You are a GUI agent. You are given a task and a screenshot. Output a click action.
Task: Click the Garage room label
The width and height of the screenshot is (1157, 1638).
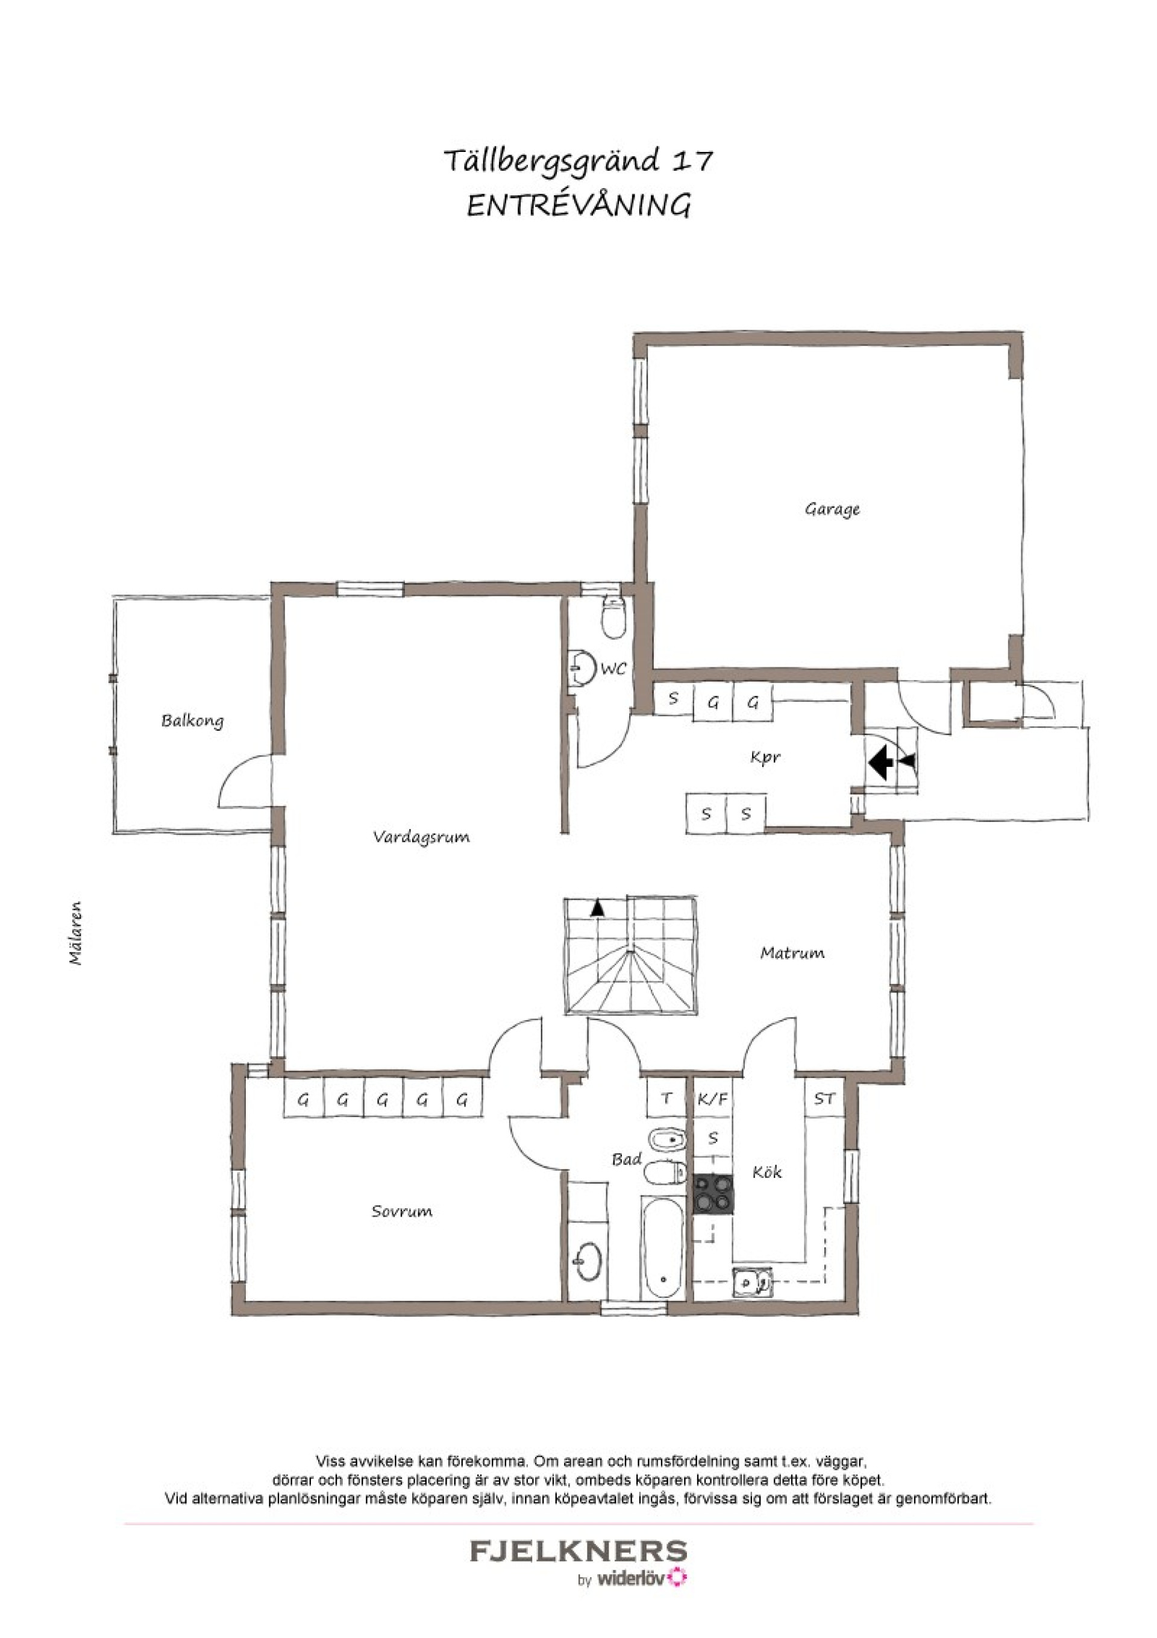[x=832, y=510]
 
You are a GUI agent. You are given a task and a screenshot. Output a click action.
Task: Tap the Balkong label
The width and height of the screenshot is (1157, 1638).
[x=192, y=720]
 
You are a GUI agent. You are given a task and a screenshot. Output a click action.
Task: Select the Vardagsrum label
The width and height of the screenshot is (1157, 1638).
[x=421, y=837]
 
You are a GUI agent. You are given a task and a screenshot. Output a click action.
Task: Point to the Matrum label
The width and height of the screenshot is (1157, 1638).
[x=792, y=953]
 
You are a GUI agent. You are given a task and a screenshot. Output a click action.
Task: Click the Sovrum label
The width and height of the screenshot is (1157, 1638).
[x=401, y=1211]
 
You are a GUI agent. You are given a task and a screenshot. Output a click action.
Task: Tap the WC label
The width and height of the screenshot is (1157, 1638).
[x=613, y=669]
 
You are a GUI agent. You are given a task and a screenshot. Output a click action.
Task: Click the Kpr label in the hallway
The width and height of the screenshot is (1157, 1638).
[x=765, y=758]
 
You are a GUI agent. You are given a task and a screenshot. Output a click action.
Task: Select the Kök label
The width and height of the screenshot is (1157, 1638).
[x=767, y=1171]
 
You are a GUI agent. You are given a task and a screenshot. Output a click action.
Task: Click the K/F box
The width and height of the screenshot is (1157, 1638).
[x=713, y=1100]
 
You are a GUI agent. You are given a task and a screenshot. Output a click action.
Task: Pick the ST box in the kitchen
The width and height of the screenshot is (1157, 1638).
[x=824, y=1100]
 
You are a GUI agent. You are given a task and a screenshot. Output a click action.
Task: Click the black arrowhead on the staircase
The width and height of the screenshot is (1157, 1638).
[x=597, y=908]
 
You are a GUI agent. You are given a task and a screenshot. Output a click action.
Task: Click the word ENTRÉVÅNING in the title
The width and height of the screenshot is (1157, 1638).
[x=578, y=206]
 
